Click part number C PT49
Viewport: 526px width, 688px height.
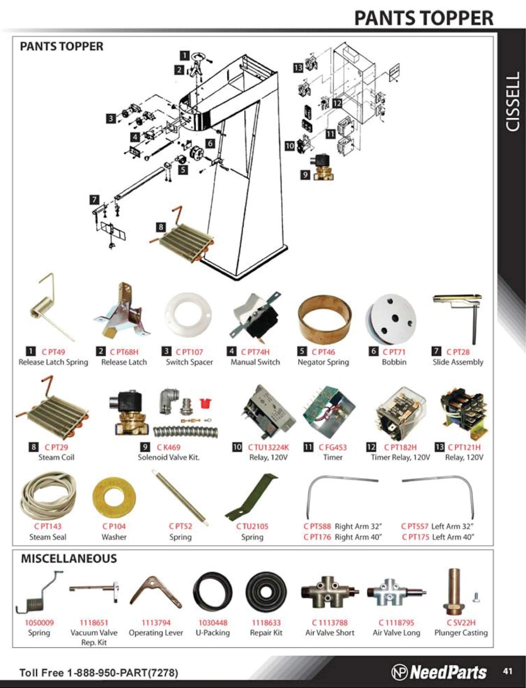coord(53,352)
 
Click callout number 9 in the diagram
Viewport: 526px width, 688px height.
coord(305,175)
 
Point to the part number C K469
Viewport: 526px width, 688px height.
coord(169,447)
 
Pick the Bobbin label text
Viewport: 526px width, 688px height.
coord(394,362)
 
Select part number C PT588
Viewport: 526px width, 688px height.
coord(317,527)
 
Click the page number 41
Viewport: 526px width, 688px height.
coord(508,671)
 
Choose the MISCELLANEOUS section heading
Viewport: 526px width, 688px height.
coord(69,559)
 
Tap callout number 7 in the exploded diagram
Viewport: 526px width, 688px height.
coord(94,200)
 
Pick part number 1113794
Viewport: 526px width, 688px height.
coord(156,623)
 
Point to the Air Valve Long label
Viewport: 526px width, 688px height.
coord(397,633)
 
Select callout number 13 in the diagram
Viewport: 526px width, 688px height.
coord(298,68)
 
